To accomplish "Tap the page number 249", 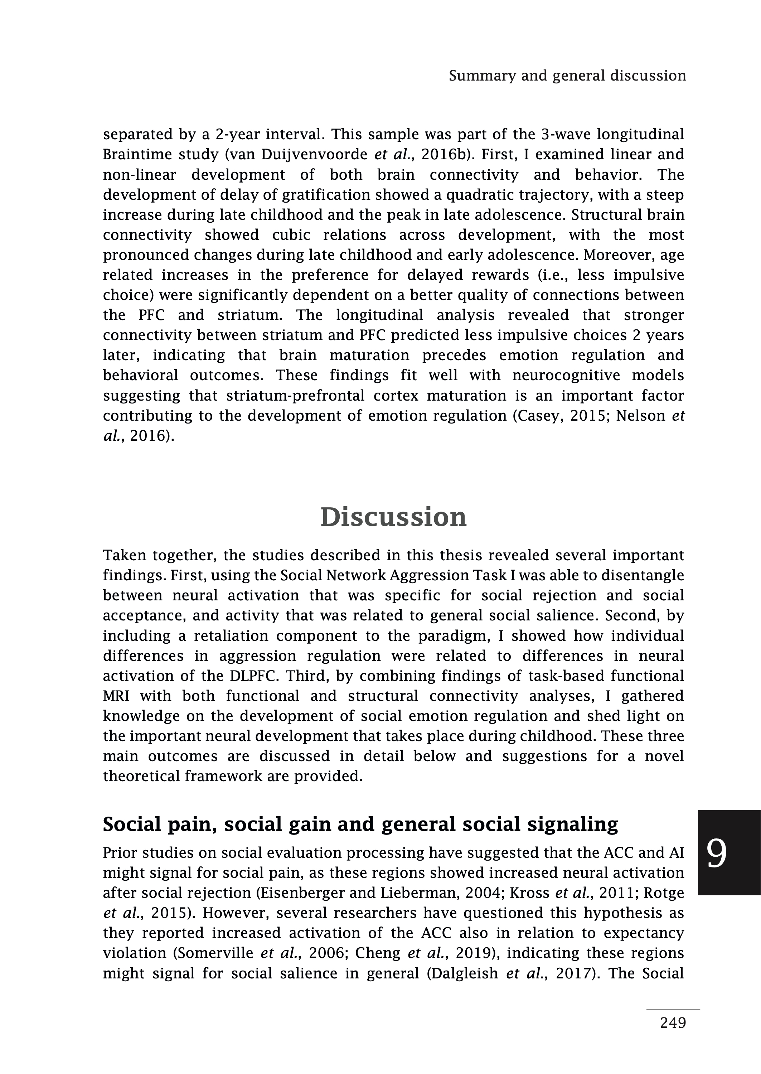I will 673,1022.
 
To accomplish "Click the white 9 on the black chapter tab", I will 717,854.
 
